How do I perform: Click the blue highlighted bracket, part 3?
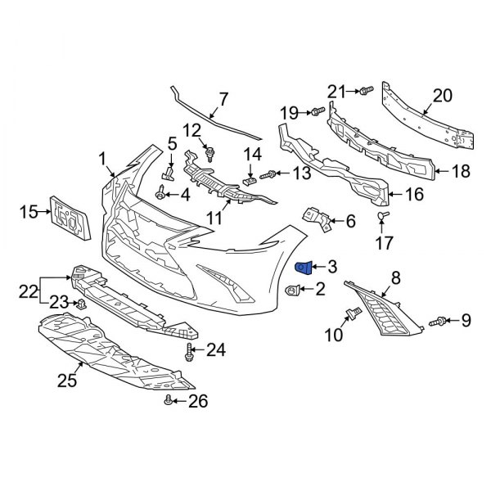click(303, 266)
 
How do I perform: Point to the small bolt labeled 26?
click(169, 400)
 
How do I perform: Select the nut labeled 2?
click(292, 289)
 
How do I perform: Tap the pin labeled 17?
click(382, 217)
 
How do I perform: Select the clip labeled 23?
click(82, 304)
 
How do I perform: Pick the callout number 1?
click(103, 157)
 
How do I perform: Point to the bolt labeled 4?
click(160, 194)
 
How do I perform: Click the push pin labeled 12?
click(210, 151)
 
